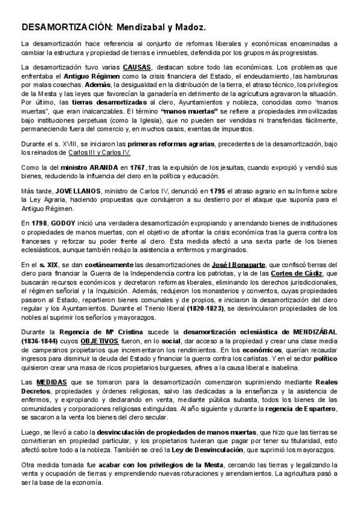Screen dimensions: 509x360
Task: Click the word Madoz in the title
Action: point(188,28)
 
